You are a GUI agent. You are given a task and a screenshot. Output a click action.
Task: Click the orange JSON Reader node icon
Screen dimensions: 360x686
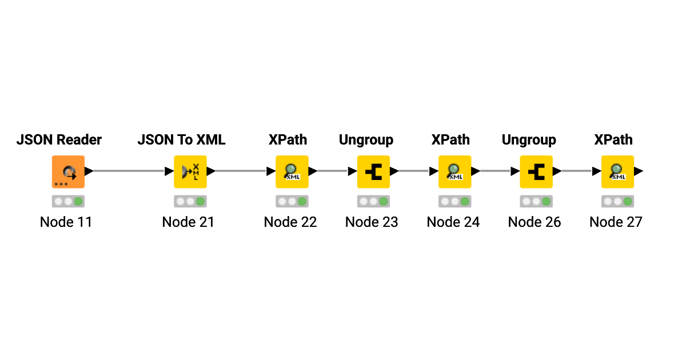(68, 171)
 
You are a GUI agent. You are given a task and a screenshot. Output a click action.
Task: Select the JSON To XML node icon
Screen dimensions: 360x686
(190, 171)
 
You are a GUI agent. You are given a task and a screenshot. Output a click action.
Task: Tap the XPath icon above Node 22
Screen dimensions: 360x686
(292, 171)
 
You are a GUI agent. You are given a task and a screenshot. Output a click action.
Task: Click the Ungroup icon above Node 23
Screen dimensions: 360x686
(373, 171)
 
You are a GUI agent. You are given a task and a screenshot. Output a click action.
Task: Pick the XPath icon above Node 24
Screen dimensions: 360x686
(454, 171)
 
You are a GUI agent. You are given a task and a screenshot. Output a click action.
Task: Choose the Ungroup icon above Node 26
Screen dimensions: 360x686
(536, 171)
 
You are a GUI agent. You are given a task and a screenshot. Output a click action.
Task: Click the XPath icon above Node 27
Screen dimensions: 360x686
(617, 171)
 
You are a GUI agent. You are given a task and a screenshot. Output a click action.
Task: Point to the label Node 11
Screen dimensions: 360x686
(66, 222)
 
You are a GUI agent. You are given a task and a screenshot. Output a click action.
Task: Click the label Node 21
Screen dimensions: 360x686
(188, 222)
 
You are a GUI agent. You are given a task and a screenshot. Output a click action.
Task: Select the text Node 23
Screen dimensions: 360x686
(372, 222)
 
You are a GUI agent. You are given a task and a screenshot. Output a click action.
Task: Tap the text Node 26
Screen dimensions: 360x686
(535, 222)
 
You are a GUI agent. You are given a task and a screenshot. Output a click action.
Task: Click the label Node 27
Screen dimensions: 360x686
(616, 222)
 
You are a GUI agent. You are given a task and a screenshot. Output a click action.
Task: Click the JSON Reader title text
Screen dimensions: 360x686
(59, 140)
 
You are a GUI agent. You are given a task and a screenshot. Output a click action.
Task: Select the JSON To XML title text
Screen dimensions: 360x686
(181, 140)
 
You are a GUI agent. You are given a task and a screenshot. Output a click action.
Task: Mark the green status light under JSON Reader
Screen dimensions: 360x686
(78, 202)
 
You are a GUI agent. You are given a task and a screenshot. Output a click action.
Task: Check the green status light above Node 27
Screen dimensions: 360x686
(627, 202)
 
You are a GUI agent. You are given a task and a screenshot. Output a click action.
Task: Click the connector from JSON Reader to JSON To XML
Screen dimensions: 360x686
(129, 171)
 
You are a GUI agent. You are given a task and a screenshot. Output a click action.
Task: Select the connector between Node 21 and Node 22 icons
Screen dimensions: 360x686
(240, 171)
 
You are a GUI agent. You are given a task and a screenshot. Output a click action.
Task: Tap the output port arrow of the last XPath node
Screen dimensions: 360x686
(639, 171)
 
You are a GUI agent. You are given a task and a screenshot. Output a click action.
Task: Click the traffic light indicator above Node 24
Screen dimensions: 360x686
(454, 202)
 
